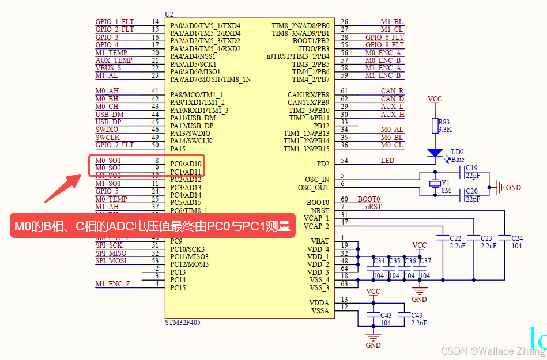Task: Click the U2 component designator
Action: (x=169, y=14)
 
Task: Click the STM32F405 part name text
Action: (x=184, y=323)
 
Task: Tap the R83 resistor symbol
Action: (x=435, y=126)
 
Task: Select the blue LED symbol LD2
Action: (x=435, y=153)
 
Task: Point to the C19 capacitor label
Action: (x=471, y=168)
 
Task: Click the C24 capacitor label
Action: (x=517, y=238)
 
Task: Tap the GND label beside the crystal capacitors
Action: (x=513, y=188)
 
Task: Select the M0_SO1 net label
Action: (x=108, y=160)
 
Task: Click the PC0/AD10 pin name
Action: (x=186, y=164)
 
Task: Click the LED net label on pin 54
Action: (x=387, y=160)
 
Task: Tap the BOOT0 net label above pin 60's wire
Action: (x=369, y=199)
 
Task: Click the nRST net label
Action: (x=373, y=206)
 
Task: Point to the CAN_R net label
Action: (x=392, y=91)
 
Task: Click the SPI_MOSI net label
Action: (x=111, y=261)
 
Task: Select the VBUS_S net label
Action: (x=108, y=68)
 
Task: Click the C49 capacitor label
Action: (x=417, y=315)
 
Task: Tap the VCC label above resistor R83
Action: (x=435, y=99)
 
